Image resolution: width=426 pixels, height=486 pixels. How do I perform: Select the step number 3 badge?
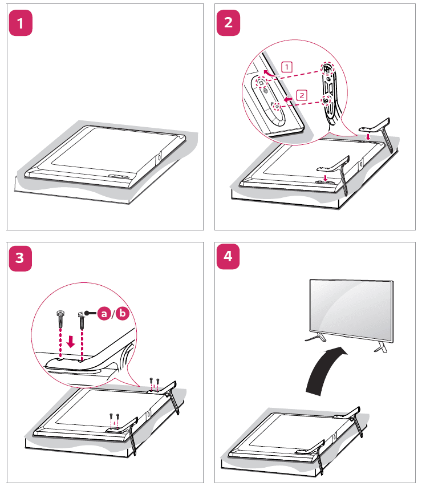(x=21, y=257)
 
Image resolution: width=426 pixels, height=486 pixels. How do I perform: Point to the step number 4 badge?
(x=229, y=257)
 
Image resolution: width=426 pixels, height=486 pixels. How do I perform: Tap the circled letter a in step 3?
(x=103, y=313)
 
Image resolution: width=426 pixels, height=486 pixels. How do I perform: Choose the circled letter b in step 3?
(x=123, y=313)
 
